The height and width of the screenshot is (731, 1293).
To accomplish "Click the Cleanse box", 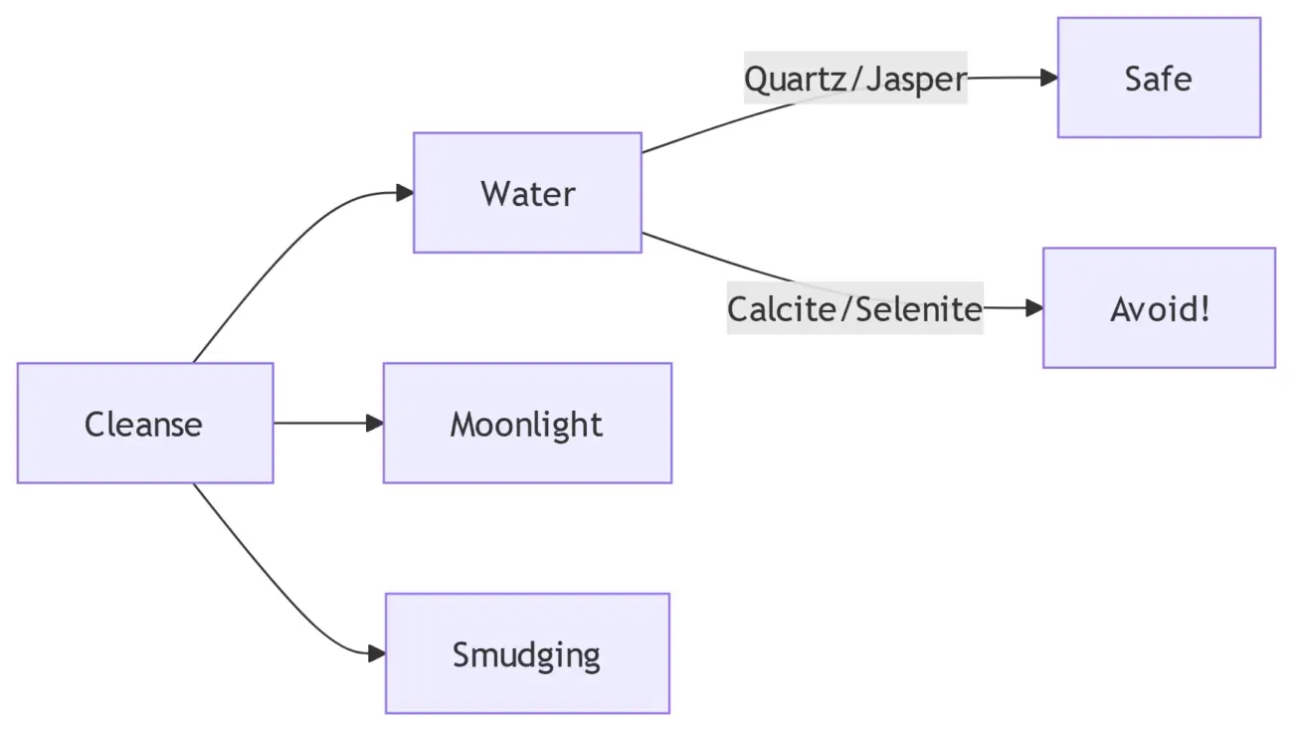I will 144,424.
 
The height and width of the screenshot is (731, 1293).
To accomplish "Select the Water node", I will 527,193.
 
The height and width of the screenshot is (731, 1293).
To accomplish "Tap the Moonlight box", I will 527,424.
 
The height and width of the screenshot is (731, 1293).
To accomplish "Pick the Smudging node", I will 527,653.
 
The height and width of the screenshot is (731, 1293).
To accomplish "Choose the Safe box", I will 1159,78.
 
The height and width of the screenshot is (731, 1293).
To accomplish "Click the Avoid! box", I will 1159,308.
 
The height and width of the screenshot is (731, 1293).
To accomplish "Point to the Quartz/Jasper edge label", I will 855,78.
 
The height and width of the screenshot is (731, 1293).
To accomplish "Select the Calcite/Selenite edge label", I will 854,308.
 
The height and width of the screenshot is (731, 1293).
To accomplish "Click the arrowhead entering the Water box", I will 405,193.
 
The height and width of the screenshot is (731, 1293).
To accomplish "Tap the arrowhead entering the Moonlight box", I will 375,424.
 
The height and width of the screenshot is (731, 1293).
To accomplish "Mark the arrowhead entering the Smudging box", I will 377,653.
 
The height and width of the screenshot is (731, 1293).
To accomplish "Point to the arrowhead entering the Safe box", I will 1048,78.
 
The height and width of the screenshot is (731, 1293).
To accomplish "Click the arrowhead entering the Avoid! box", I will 1033,308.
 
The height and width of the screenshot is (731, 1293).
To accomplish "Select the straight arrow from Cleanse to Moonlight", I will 323,424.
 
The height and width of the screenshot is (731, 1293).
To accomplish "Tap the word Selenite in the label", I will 919,308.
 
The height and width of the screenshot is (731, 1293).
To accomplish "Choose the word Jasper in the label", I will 916,78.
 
